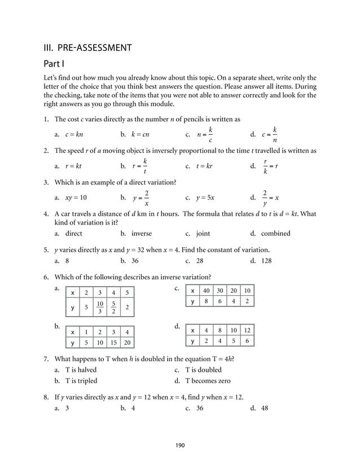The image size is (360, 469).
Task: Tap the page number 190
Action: (179, 445)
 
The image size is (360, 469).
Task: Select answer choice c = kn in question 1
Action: (74, 135)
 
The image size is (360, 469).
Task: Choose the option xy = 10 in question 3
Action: (76, 198)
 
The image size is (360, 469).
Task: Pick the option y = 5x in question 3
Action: (205, 198)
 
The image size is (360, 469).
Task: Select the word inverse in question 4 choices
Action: (142, 233)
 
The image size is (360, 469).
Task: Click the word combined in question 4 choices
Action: (275, 233)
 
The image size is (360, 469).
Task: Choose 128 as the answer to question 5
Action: (266, 261)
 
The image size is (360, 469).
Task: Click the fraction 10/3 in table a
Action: (99, 308)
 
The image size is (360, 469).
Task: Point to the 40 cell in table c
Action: (207, 291)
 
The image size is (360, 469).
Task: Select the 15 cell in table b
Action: (113, 342)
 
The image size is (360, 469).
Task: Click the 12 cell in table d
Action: (247, 330)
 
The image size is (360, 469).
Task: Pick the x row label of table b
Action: (72, 331)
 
